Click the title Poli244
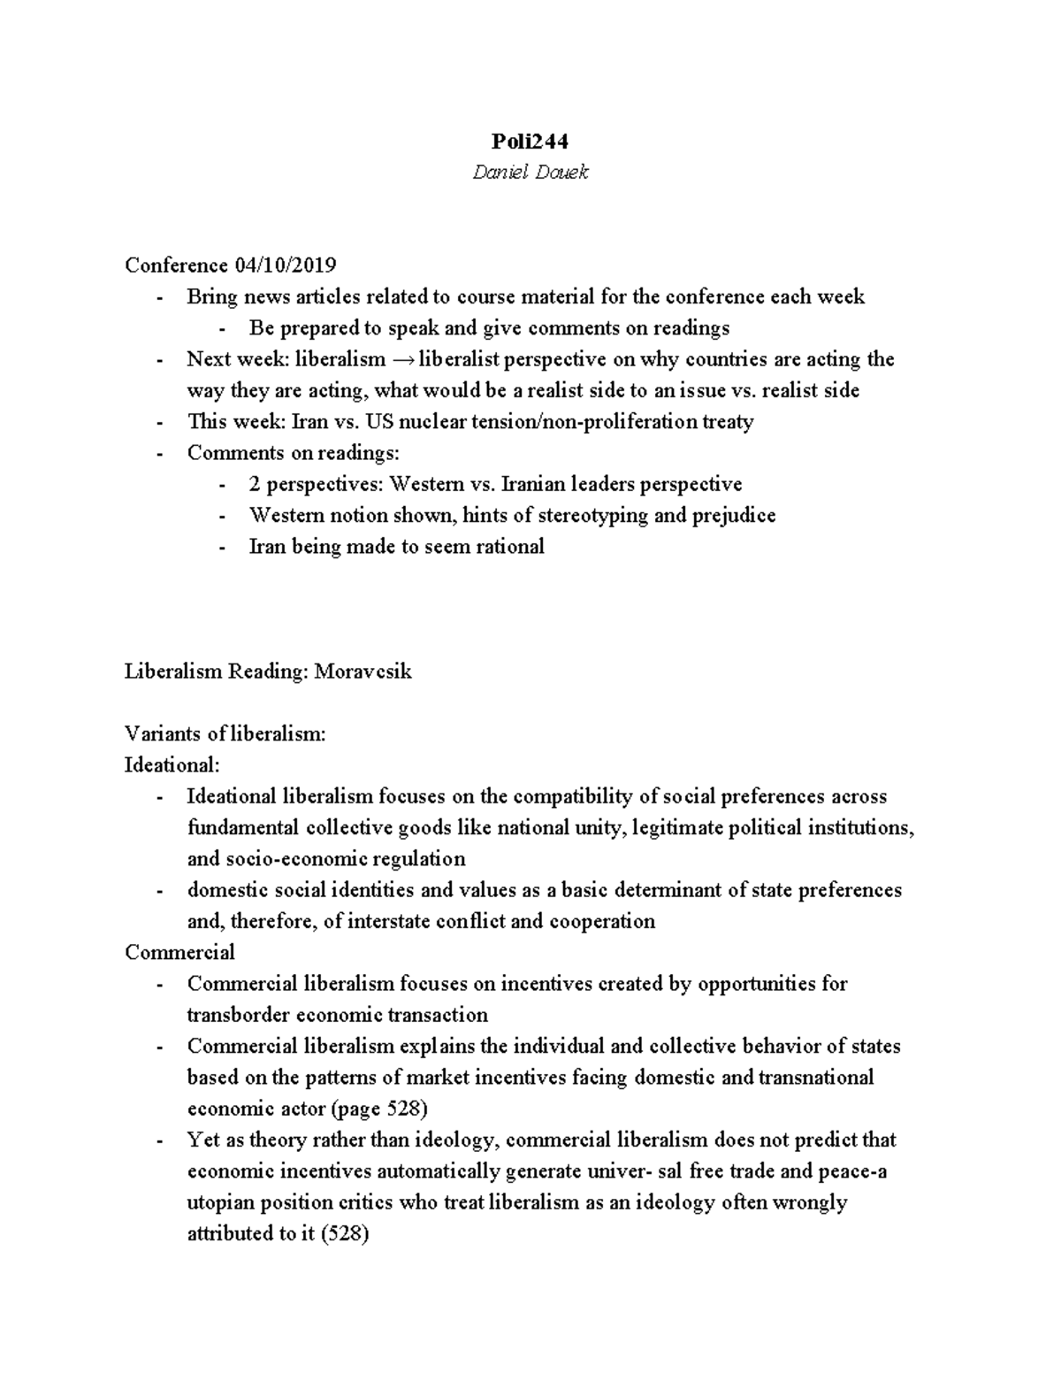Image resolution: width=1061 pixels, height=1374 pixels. tap(530, 142)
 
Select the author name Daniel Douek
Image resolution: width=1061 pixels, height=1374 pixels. tap(530, 173)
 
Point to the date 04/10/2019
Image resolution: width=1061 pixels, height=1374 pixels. tap(285, 265)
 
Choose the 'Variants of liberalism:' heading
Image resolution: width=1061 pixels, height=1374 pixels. tap(225, 733)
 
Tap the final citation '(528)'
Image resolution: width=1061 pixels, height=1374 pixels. tap(344, 1233)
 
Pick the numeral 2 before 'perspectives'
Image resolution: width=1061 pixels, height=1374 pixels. tap(255, 484)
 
